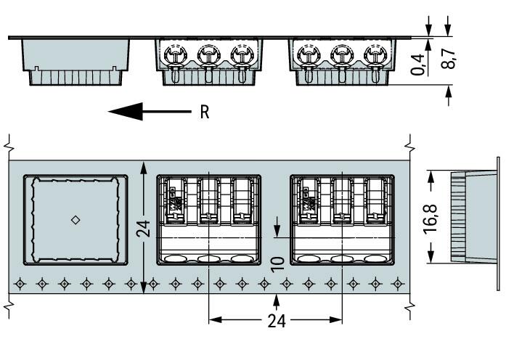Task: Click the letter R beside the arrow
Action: [205, 112]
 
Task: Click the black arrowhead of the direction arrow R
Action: [123, 112]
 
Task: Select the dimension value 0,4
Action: [418, 65]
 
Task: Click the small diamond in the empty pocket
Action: [76, 219]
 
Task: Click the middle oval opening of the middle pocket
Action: [209, 258]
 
